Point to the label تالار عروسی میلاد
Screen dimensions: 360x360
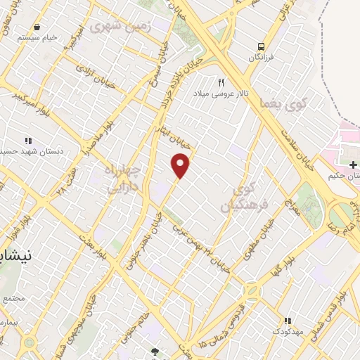click(x=220, y=94)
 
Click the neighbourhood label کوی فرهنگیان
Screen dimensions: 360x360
click(x=236, y=195)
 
